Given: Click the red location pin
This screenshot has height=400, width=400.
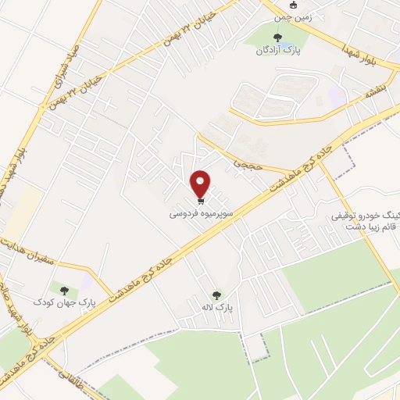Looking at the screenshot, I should (x=202, y=184).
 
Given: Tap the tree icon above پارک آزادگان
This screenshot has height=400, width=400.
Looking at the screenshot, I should (x=277, y=37).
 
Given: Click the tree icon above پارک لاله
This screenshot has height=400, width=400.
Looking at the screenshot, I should (x=216, y=295).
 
